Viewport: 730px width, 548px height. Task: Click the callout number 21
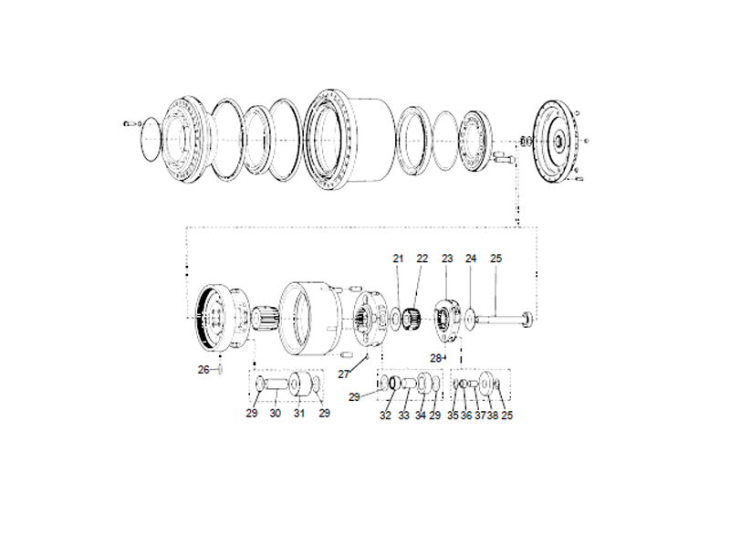pos(398,259)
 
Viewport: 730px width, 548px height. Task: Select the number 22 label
pos(422,259)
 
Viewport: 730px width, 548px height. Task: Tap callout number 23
pos(447,259)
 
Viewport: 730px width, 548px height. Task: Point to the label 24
pos(471,259)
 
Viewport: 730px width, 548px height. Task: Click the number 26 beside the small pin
pos(203,370)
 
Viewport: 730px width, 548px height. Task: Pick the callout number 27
pos(344,374)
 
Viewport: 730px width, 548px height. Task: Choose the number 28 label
pos(435,357)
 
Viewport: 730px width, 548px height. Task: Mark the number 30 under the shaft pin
pos(274,414)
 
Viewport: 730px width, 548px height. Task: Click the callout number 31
pos(297,414)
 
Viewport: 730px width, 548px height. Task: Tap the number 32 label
pos(385,415)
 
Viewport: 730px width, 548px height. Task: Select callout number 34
pos(420,415)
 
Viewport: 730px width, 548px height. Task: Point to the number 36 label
pos(466,415)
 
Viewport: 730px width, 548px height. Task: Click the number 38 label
pos(493,415)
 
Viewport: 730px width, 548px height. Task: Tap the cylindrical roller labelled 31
pos(297,387)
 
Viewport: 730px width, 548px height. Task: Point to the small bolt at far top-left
pos(130,121)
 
